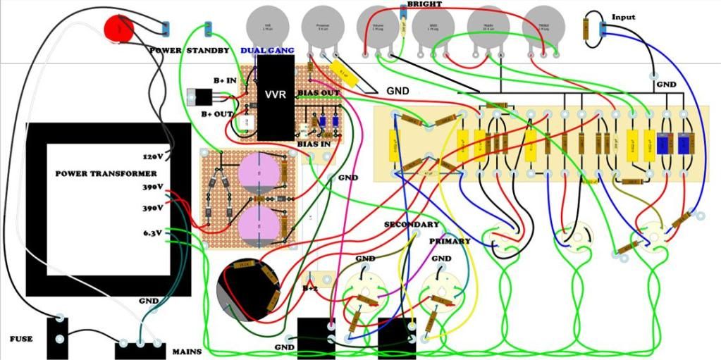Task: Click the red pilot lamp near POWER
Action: [x=119, y=27]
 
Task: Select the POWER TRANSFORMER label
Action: [x=106, y=173]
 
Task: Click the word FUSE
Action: [x=21, y=339]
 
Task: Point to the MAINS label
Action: [x=187, y=351]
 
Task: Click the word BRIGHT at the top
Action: [x=425, y=5]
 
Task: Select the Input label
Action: [x=623, y=17]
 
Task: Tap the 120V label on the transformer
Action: [x=153, y=156]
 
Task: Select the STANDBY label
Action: [x=208, y=51]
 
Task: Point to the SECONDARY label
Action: [x=411, y=225]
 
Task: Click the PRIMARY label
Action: [x=450, y=242]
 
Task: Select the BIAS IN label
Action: [x=314, y=144]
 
